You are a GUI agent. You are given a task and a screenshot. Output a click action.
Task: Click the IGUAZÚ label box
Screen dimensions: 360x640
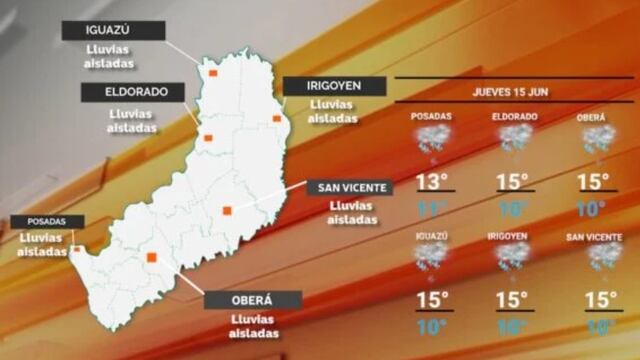pyautogui.click(x=113, y=31)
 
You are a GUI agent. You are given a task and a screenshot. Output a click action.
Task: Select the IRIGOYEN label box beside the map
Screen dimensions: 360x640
pyautogui.click(x=333, y=87)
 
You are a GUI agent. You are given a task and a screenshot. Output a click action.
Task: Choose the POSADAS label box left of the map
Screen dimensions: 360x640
pyautogui.click(x=47, y=222)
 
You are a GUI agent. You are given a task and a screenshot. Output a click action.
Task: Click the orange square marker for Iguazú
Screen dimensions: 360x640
pyautogui.click(x=211, y=73)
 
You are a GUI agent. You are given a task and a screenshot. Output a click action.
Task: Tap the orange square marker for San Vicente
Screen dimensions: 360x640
pyautogui.click(x=227, y=210)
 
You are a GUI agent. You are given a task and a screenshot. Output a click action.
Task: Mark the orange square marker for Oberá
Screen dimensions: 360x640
pyautogui.click(x=152, y=257)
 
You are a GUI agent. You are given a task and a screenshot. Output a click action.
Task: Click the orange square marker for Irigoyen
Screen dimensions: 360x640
pyautogui.click(x=277, y=119)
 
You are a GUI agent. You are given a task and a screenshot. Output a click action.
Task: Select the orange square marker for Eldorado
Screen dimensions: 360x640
pyautogui.click(x=208, y=138)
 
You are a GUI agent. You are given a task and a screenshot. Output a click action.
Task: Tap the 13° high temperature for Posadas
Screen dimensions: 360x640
pyautogui.click(x=432, y=183)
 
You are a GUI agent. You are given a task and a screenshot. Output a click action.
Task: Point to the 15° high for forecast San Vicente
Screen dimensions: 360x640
pyautogui.click(x=597, y=300)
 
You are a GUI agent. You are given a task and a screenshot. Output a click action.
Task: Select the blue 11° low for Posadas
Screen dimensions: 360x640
pyautogui.click(x=432, y=209)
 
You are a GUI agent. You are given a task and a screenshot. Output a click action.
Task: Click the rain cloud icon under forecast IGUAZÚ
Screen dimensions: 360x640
pyautogui.click(x=432, y=258)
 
